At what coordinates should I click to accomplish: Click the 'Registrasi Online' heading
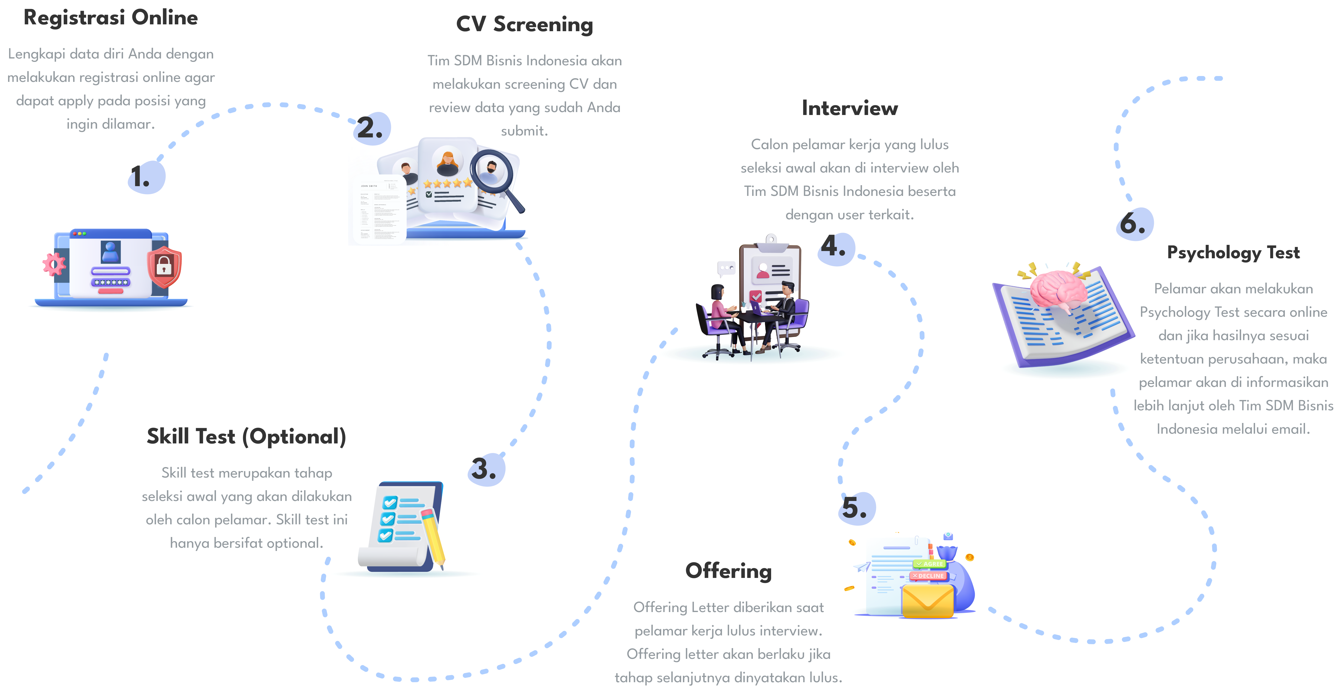click(110, 18)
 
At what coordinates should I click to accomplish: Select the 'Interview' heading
click(850, 108)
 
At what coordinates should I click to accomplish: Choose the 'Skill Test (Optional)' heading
click(246, 437)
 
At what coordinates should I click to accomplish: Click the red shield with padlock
click(164, 267)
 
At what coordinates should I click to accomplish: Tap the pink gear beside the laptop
click(54, 264)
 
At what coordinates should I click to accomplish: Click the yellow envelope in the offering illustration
click(927, 601)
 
